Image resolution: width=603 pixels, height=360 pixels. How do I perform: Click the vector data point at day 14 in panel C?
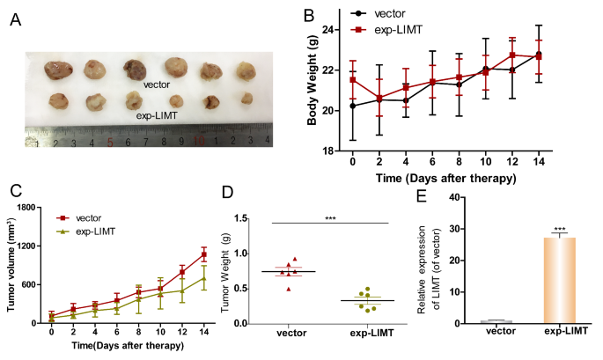coord(203,254)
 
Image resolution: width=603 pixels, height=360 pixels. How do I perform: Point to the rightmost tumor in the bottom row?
coord(248,99)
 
